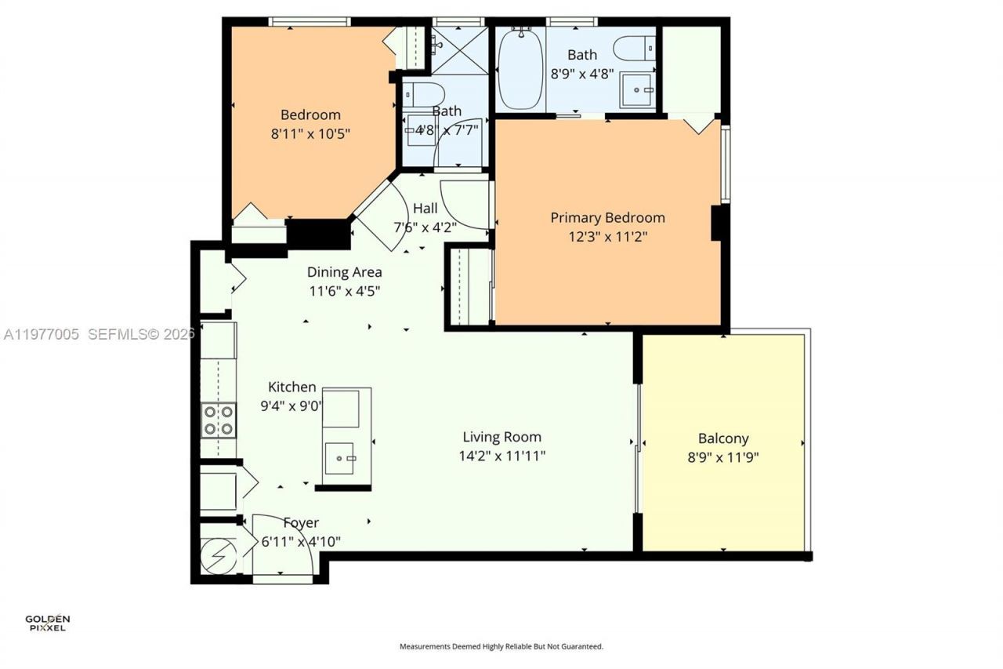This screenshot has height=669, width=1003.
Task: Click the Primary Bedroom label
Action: (607, 217)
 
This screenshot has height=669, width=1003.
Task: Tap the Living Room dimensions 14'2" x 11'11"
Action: (501, 456)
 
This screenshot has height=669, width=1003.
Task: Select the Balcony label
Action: (723, 438)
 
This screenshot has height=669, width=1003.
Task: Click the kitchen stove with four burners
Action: (219, 419)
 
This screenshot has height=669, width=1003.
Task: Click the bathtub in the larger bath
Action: (520, 70)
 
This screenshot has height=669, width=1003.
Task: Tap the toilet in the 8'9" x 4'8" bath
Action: (635, 49)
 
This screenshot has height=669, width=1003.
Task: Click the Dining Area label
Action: (344, 272)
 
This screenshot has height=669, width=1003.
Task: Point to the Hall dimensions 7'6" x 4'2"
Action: (425, 227)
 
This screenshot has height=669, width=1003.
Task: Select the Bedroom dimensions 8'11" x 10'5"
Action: (310, 133)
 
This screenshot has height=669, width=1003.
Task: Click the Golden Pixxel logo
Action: (47, 624)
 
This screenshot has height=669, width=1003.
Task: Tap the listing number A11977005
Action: (42, 335)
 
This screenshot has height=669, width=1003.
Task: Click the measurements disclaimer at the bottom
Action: (501, 647)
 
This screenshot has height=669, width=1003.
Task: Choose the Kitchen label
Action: (292, 387)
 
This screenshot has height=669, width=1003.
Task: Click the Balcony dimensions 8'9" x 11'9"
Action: (723, 457)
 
